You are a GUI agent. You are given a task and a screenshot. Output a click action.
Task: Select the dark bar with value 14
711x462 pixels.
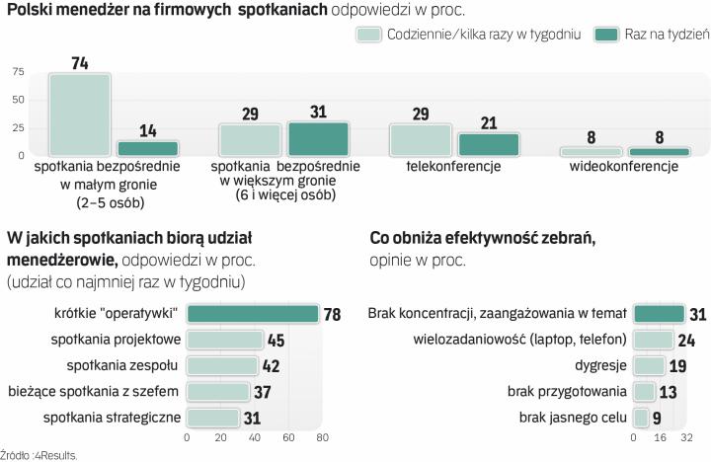click(x=147, y=148)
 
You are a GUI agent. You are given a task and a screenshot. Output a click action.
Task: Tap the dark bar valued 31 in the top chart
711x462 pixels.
click(x=318, y=139)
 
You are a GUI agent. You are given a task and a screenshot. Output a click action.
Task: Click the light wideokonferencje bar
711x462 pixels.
click(x=592, y=152)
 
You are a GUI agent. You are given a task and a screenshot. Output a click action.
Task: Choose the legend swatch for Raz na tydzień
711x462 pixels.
click(x=605, y=35)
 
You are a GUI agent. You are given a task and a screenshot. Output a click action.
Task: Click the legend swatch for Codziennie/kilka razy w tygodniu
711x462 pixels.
click(x=369, y=35)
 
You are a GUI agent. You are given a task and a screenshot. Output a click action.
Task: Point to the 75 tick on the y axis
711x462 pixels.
click(x=17, y=72)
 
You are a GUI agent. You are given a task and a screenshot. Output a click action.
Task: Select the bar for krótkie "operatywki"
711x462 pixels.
click(x=253, y=315)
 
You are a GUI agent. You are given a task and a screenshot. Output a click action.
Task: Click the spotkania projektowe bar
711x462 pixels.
click(x=225, y=341)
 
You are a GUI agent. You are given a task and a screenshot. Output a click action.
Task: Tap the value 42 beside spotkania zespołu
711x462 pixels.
click(x=272, y=366)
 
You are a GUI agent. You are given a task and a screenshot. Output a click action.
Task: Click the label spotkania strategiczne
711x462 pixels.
click(x=112, y=417)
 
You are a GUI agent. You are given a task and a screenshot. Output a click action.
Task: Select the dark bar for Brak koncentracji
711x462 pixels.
click(x=659, y=315)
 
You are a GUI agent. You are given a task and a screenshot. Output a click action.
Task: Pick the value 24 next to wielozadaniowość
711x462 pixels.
click(x=686, y=341)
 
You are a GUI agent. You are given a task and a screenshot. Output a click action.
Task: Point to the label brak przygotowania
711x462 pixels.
click(x=567, y=391)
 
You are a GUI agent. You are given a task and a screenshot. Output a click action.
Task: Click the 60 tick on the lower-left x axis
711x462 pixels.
click(x=288, y=437)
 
